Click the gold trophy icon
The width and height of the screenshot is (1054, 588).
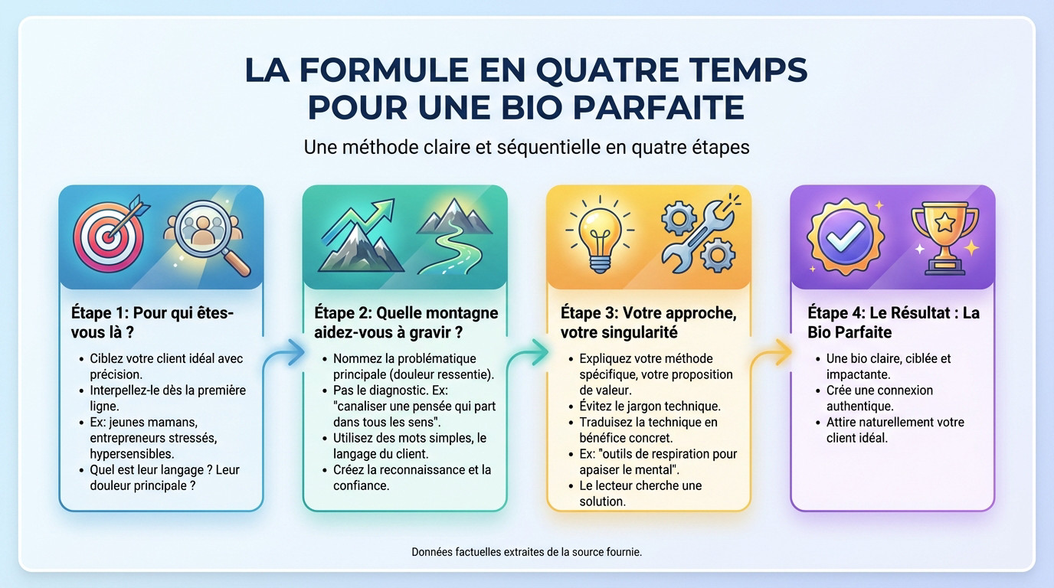(944, 236)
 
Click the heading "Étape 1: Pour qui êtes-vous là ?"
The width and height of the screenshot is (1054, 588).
(152, 322)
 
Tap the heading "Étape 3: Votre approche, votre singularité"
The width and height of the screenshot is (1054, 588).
(648, 322)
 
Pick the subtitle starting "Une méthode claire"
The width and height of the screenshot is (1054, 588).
(526, 146)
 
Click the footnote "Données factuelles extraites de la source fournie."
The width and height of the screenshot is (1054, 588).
(526, 551)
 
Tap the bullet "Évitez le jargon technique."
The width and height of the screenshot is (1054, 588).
(650, 407)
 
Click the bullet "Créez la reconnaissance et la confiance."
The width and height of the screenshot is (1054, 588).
(412, 477)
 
